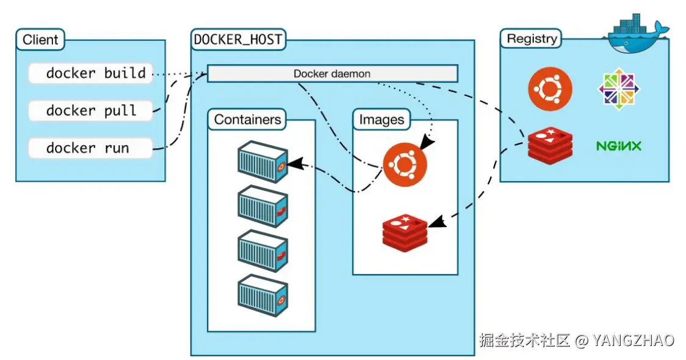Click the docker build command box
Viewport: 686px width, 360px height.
pos(90,73)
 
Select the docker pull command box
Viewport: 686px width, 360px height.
pos(90,110)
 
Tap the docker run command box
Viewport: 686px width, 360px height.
pos(90,148)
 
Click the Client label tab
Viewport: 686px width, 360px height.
pos(40,40)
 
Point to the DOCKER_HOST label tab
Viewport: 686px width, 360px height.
pos(238,40)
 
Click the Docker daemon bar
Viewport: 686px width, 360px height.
pos(333,73)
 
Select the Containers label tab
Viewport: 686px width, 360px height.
pos(247,120)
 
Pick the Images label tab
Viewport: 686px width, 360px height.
pos(381,120)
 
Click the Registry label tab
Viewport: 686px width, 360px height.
pos(532,38)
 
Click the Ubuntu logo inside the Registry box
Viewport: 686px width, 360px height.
pos(550,89)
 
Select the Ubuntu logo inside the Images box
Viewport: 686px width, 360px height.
pos(405,165)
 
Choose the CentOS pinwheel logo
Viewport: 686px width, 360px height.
pos(619,89)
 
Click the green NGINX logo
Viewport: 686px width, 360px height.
pos(619,146)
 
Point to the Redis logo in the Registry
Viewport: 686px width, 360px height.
pos(550,146)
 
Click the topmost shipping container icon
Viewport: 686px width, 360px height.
pos(262,162)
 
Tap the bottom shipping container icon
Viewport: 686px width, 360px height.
pos(262,295)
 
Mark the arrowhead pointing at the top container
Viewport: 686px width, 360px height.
pos(295,164)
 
